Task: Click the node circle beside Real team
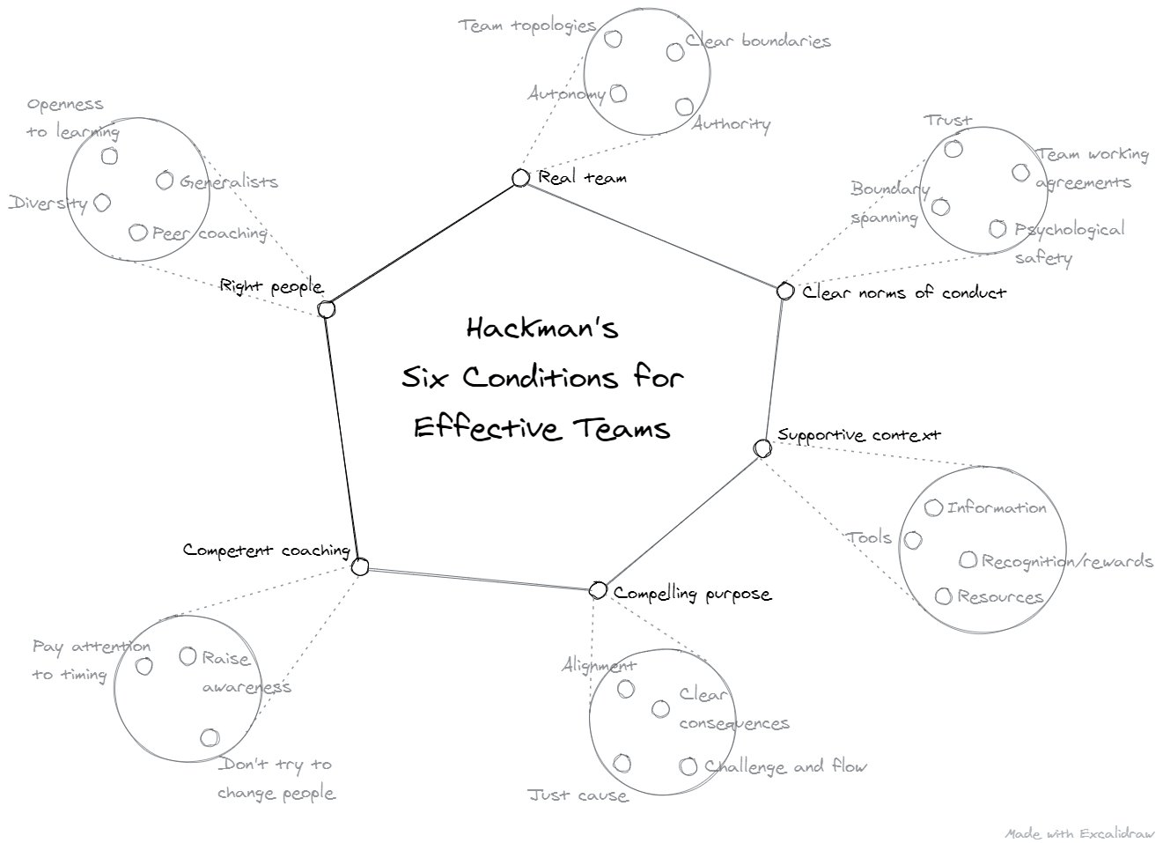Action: pos(520,178)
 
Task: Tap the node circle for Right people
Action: pos(327,309)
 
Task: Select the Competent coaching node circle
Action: pos(360,566)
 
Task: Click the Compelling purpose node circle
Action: pos(598,589)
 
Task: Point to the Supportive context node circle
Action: pos(763,448)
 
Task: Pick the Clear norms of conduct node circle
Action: pos(785,291)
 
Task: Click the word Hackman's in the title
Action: pos(542,329)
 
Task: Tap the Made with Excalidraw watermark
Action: pos(1080,832)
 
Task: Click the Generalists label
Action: pos(229,182)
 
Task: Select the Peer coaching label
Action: pos(210,233)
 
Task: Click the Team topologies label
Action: pos(527,26)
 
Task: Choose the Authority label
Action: pos(731,124)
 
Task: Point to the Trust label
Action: pos(947,120)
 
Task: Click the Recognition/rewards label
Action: pos(1067,561)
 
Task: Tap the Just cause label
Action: pos(578,795)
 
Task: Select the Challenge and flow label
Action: pos(786,766)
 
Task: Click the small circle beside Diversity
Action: pos(102,203)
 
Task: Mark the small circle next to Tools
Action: pos(914,539)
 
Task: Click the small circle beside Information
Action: pos(934,507)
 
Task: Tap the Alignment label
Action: pos(599,665)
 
